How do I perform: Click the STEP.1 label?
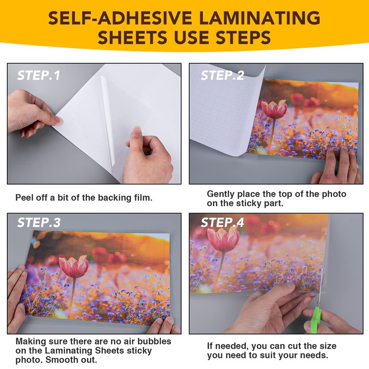(39, 75)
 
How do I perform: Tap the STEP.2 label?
(222, 75)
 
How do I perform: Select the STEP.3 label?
(39, 222)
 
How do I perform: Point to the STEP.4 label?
(222, 222)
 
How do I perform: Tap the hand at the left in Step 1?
(32, 113)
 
